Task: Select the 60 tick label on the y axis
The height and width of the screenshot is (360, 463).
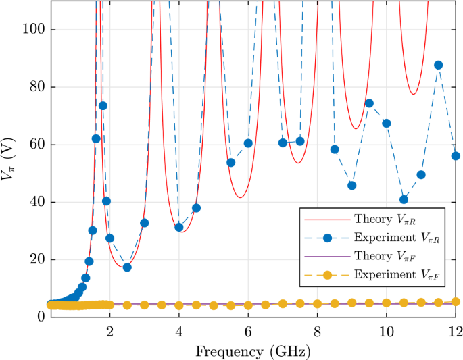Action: pyautogui.click(x=32, y=145)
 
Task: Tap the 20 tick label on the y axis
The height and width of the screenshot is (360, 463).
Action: pyautogui.click(x=32, y=259)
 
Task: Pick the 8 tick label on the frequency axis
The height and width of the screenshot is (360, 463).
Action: pyautogui.click(x=317, y=331)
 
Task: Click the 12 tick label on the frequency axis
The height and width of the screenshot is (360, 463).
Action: pyautogui.click(x=455, y=331)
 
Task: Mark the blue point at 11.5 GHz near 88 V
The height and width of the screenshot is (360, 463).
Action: pyautogui.click(x=438, y=65)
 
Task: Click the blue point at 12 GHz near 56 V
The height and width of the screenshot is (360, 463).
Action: pyautogui.click(x=456, y=155)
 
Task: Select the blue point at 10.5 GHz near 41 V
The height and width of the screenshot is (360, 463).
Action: pyautogui.click(x=404, y=199)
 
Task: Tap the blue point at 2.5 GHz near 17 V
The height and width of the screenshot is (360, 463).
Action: pyautogui.click(x=127, y=267)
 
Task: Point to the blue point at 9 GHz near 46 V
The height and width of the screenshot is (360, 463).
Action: pyautogui.click(x=351, y=185)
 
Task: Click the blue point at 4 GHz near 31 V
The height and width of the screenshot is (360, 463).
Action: pyautogui.click(x=179, y=227)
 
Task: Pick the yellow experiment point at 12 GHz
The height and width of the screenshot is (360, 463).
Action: pyautogui.click(x=456, y=302)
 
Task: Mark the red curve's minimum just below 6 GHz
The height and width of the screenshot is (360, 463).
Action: pyautogui.click(x=240, y=198)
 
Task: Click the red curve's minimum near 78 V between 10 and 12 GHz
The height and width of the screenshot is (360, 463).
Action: pyautogui.click(x=413, y=94)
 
